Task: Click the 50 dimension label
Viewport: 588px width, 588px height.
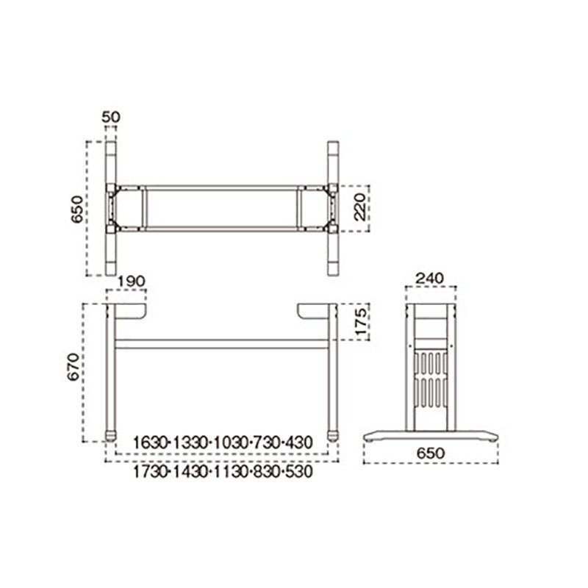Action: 111,118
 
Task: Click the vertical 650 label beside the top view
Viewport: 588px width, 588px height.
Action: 77,209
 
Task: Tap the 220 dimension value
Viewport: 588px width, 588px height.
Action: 360,207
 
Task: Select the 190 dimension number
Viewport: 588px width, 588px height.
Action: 132,281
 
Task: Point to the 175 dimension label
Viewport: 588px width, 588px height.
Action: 360,322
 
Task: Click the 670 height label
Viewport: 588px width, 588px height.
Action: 73,367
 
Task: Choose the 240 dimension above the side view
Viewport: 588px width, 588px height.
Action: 430,279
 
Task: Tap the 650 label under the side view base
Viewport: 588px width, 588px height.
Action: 431,453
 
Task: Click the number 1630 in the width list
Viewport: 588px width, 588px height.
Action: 150,443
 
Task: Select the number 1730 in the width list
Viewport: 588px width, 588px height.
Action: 150,472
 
